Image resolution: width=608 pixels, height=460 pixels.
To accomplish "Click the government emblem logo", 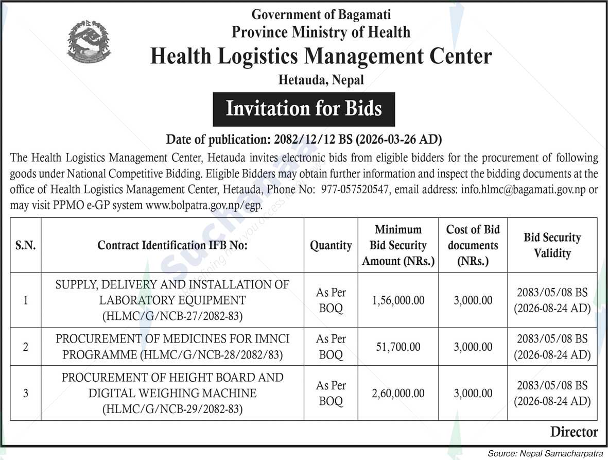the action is coord(89,41).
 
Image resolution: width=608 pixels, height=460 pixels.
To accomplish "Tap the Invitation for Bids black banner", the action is coord(304,109).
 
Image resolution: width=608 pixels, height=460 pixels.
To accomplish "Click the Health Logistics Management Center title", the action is coord(321,57).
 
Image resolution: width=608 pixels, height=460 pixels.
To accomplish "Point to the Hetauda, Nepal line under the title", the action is coord(321,80).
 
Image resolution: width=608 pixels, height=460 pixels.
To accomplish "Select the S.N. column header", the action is coord(25,245).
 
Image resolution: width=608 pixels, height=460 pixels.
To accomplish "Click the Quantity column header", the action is coord(331,245).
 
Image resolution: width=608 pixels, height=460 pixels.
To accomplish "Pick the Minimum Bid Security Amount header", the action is coord(398,245).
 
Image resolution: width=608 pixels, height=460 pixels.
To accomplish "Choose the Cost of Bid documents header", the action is coord(473,245).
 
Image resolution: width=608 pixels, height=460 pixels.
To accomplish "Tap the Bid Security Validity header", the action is coord(552,245).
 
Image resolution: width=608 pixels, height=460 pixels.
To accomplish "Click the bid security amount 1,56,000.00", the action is coord(398,300).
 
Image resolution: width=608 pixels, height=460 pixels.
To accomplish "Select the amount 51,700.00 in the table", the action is coord(398,347).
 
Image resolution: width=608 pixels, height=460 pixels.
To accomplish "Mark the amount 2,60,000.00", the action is coord(398,394).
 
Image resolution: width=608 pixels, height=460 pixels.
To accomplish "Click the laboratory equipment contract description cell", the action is coord(172,300).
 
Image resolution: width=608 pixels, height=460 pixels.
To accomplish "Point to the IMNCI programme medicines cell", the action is coord(172,347).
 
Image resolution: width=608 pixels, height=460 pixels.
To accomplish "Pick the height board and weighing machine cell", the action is coord(172,393).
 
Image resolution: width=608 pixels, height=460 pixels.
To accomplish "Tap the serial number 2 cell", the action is coord(25,347).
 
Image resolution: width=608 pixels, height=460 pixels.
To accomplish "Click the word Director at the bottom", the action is coord(574,432).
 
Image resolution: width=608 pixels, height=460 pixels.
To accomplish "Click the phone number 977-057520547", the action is coord(355,190).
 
